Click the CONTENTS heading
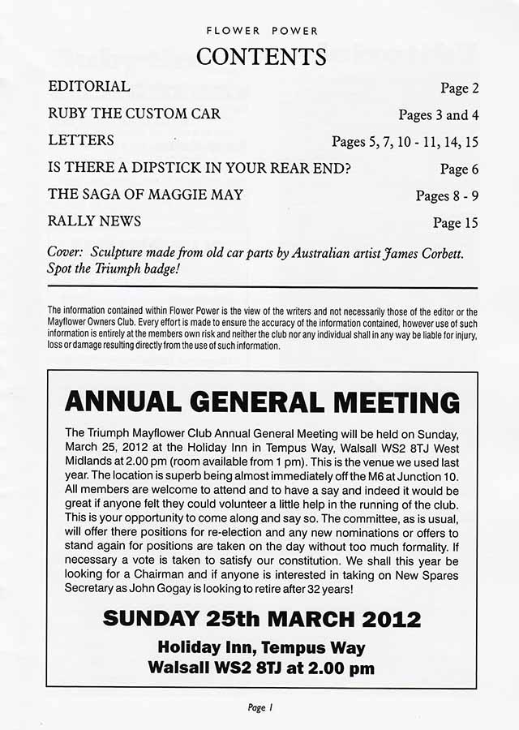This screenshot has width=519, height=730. [261, 57]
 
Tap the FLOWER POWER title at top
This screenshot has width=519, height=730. [261, 31]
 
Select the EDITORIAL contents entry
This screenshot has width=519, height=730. [89, 86]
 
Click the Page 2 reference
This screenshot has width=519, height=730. [460, 88]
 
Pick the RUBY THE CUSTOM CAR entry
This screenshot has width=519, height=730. [134, 114]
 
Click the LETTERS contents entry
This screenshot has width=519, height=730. [81, 140]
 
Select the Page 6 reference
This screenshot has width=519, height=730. [460, 169]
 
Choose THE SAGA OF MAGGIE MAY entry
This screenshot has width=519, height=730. [145, 195]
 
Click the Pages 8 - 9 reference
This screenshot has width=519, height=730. [447, 195]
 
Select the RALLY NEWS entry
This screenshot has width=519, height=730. [95, 221]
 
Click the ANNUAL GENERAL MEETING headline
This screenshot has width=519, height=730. [261, 401]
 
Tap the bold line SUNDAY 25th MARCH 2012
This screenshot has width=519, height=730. [261, 620]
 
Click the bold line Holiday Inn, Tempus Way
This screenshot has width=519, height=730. [261, 647]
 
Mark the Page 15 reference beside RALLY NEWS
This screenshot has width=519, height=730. [456, 222]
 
